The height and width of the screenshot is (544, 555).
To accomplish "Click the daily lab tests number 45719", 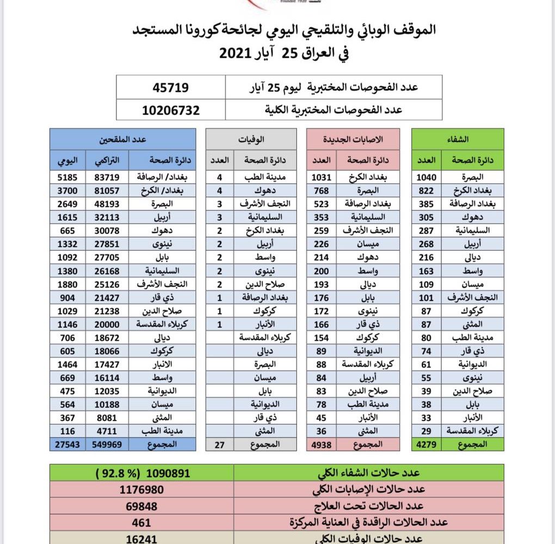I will tap(171, 87).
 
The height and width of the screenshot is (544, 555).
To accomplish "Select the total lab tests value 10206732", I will tap(171, 110).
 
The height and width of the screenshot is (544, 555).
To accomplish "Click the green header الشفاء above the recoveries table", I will tap(458, 139).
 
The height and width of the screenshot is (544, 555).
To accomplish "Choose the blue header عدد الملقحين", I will tap(122, 139).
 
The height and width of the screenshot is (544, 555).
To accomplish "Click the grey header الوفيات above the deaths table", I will tap(251, 139).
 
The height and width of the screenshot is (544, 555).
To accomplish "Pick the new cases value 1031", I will tap(322, 177).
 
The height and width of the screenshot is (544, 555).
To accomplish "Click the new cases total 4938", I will tap(322, 444).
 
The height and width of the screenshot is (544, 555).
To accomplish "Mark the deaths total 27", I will tap(219, 444).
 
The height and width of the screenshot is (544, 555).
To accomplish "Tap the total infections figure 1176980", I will tap(141, 489).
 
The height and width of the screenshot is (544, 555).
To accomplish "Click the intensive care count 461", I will tap(141, 522).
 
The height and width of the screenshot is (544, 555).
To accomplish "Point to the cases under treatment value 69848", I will tap(141, 506).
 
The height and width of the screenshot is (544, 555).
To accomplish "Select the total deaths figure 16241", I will tap(141, 538).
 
